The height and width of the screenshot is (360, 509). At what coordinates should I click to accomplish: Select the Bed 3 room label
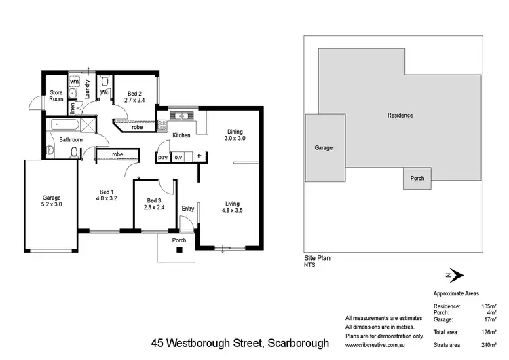click(155, 204)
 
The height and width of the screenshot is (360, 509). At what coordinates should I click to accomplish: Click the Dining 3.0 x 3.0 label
click(234, 135)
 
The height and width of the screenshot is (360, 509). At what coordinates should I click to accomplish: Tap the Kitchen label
click(181, 136)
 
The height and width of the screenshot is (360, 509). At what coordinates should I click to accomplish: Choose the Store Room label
click(56, 96)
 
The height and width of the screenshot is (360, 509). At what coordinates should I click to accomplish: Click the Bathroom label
click(71, 140)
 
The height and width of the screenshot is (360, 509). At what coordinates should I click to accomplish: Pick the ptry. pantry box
click(163, 157)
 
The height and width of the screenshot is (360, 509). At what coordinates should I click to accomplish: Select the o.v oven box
click(179, 157)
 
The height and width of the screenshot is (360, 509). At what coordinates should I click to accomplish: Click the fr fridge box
click(200, 157)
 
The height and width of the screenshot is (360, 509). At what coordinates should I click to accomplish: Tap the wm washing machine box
click(75, 82)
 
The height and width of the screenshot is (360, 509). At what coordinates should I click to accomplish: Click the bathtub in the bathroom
click(64, 125)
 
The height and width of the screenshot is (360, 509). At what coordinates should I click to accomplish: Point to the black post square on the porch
click(180, 250)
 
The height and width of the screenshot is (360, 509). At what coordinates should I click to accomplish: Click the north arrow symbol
click(454, 275)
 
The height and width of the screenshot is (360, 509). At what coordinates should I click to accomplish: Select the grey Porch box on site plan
click(417, 179)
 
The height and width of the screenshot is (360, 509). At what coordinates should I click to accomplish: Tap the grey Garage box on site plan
click(323, 147)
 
